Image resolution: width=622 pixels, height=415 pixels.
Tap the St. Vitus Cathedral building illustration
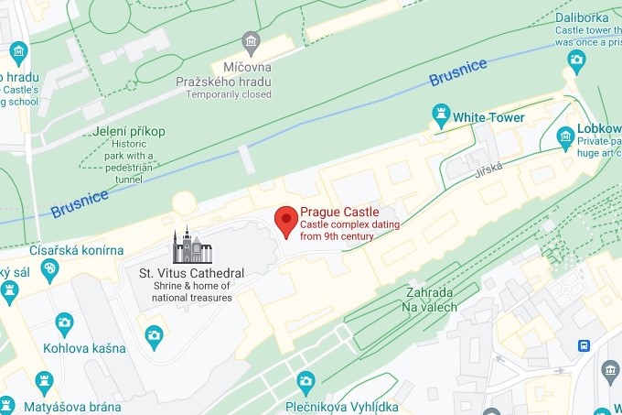click(x=192, y=246)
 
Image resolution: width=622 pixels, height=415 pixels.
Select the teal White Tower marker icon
click(x=442, y=115)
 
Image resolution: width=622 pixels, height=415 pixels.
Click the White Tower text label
click(x=489, y=117)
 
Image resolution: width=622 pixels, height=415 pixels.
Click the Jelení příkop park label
click(x=129, y=131)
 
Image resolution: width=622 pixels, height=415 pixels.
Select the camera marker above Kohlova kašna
click(x=64, y=323)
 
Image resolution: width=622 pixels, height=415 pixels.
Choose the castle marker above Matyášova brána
click(x=44, y=378)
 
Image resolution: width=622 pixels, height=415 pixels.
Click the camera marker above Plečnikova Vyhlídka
click(x=306, y=379)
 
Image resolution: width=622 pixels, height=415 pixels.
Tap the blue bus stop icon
click(x=584, y=345)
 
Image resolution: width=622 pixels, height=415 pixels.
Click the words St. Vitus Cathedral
click(x=191, y=273)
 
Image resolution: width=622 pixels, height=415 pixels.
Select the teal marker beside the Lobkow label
click(x=565, y=138)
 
